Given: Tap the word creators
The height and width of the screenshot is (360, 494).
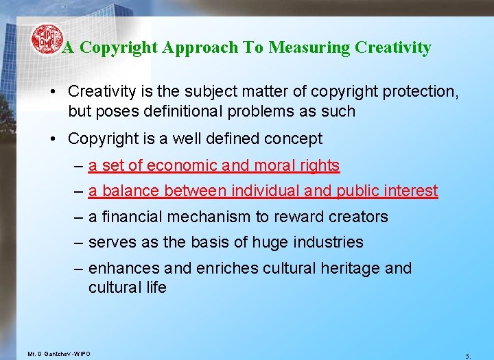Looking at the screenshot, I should coord(355,217).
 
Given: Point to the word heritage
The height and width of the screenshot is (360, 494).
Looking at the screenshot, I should coord(351,268).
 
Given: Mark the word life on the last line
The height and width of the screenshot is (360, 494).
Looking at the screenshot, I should coord(156,287).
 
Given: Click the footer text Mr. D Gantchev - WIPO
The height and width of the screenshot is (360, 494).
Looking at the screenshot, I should coord(58,354).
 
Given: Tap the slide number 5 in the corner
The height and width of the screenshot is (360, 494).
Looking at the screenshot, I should coord(467,356).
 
